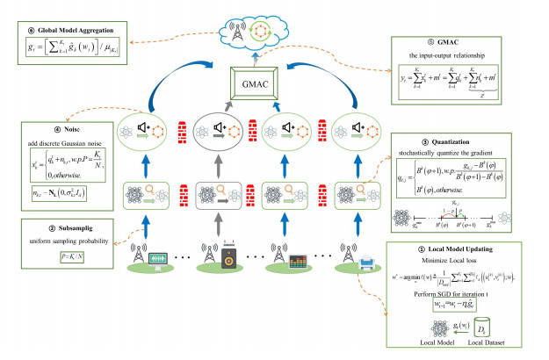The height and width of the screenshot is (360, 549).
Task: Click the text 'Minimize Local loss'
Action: click(x=459, y=260)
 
